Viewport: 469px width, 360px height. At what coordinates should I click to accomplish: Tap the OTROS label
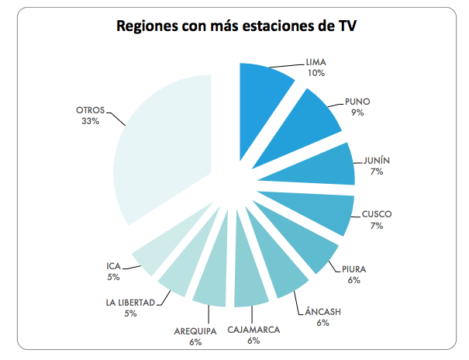pos(91,110)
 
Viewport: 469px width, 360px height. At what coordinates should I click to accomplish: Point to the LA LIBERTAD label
pos(130,302)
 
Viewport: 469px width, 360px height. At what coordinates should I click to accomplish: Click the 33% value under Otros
pos(89,122)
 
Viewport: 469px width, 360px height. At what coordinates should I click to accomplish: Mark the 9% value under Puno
pos(357,112)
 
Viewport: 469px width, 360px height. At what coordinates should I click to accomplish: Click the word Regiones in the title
pos(150,26)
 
